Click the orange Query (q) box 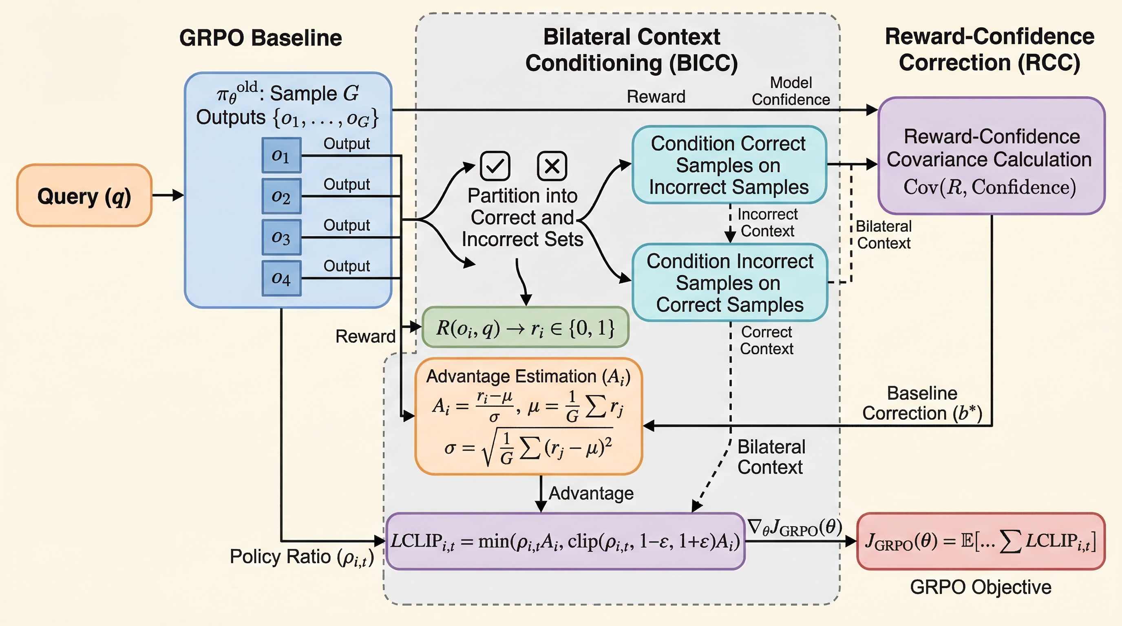click(x=84, y=196)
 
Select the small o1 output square click(x=281, y=155)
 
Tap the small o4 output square click(x=281, y=278)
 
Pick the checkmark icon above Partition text click(x=495, y=166)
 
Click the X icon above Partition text click(x=552, y=166)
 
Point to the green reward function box click(x=525, y=327)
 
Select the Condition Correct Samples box click(x=729, y=165)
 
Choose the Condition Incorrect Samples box click(x=729, y=282)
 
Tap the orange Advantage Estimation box click(x=528, y=416)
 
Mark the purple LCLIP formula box click(x=565, y=541)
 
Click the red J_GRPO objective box click(x=981, y=541)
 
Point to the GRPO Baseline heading click(x=261, y=38)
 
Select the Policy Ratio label click(x=301, y=557)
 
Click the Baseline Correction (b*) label click(x=922, y=403)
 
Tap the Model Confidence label click(x=791, y=91)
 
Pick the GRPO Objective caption click(x=981, y=587)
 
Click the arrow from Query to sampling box click(x=168, y=195)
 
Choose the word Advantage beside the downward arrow click(x=591, y=493)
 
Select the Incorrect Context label click(x=767, y=223)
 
